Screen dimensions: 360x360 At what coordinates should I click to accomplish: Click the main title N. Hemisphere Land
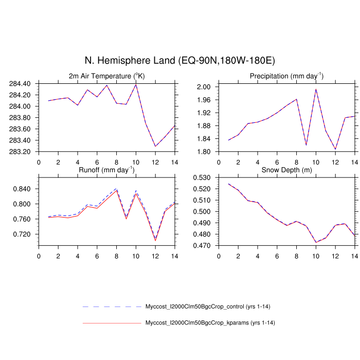(x=180, y=61)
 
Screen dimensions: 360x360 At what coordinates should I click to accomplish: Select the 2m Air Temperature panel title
(x=107, y=76)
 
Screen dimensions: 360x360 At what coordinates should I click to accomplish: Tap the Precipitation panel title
(x=286, y=76)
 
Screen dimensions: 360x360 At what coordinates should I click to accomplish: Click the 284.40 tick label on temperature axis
(x=20, y=84)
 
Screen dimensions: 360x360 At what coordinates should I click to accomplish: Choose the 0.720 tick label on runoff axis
(x=22, y=234)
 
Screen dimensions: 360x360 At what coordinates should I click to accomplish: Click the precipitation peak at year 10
(x=316, y=89)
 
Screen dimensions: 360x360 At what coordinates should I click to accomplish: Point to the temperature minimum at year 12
(x=155, y=147)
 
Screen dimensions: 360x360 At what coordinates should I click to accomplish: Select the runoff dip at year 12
(x=155, y=240)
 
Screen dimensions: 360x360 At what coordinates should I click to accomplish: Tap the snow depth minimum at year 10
(x=316, y=242)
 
